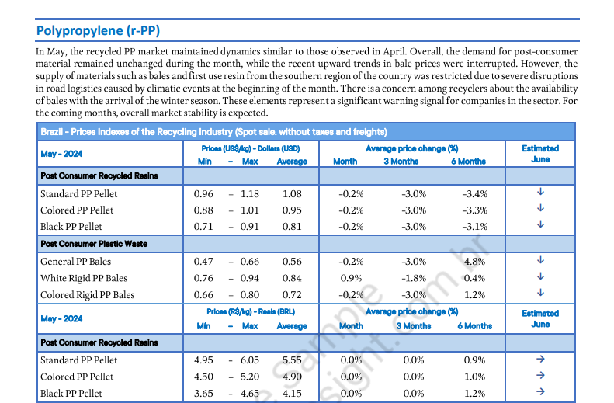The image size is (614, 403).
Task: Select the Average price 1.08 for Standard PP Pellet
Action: pyautogui.click(x=292, y=193)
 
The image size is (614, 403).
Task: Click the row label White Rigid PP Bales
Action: pyautogui.click(x=84, y=278)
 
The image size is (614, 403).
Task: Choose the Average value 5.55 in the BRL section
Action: pyautogui.click(x=292, y=360)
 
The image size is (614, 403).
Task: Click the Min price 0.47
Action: pyautogui.click(x=203, y=262)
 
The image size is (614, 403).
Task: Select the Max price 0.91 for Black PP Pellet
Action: pyautogui.click(x=250, y=227)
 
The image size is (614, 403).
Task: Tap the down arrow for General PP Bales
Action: pyautogui.click(x=540, y=261)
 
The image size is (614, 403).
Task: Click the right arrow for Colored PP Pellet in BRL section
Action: pyautogui.click(x=540, y=376)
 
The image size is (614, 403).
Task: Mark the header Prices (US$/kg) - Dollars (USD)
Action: pyautogui.click(x=250, y=148)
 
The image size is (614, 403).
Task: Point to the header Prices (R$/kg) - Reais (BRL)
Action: pyautogui.click(x=250, y=312)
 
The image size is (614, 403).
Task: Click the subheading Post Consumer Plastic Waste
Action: pyautogui.click(x=94, y=244)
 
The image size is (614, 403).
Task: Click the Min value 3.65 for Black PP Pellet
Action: pyautogui.click(x=203, y=394)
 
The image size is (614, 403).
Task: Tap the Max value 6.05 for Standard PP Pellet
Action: pyautogui.click(x=250, y=360)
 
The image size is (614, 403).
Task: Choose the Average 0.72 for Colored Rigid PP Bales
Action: pyautogui.click(x=292, y=295)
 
